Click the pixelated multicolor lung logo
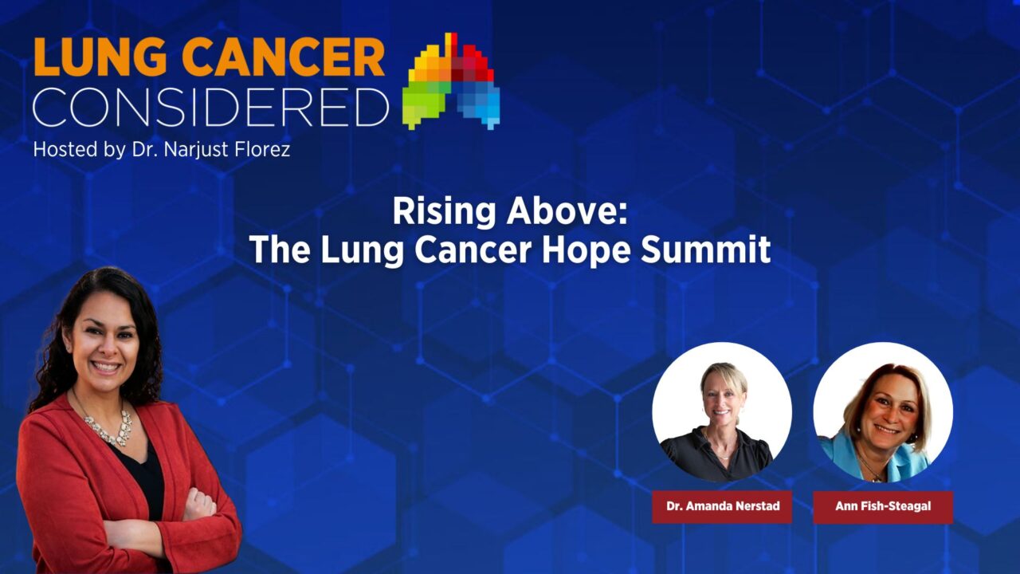(x=451, y=81)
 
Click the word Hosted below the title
(x=62, y=149)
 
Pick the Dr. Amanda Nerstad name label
(x=722, y=506)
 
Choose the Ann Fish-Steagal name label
(x=883, y=506)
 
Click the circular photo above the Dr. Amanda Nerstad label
(x=722, y=411)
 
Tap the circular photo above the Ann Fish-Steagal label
(x=883, y=411)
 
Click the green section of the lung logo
(x=422, y=104)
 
